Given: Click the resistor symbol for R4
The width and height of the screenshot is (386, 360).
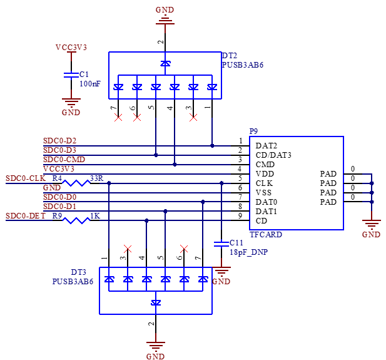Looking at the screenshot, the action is point(76,183).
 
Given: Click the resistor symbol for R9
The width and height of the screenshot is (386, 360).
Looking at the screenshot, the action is point(76,220).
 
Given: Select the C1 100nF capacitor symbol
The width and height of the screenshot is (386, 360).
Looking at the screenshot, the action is point(71,75).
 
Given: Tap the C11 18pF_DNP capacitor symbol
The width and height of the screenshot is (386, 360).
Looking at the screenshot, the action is point(221,244).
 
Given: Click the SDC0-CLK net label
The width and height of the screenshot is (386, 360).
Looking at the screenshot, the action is point(26,178).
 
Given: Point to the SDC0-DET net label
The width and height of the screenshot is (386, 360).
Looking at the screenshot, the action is point(26,216).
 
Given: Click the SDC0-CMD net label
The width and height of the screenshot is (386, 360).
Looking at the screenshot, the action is point(64,160).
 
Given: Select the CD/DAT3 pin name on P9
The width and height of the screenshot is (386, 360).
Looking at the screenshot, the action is point(273,155).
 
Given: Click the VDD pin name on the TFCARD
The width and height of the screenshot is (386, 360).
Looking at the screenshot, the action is point(265,173).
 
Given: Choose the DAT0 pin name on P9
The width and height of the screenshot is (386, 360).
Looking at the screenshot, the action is point(267,202).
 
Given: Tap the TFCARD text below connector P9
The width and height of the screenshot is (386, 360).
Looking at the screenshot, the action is point(266,234).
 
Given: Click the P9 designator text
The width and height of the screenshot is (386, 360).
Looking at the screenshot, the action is point(253,131).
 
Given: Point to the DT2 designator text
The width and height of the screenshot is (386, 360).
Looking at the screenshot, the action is point(229,56).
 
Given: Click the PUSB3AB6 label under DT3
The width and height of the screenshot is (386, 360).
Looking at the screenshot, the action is point(73,281).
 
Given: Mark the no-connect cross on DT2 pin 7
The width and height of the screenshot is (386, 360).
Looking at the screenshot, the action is point(118,118).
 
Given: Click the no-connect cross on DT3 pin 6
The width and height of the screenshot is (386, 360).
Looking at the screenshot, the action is point(184,249).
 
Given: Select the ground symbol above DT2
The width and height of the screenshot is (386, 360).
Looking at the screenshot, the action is point(165,19).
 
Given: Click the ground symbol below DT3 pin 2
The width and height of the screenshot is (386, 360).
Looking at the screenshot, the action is point(156,346).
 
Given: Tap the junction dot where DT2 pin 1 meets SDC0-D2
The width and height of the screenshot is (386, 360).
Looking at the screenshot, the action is point(212,146).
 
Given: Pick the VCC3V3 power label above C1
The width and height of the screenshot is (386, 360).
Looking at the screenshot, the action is point(71,48).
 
